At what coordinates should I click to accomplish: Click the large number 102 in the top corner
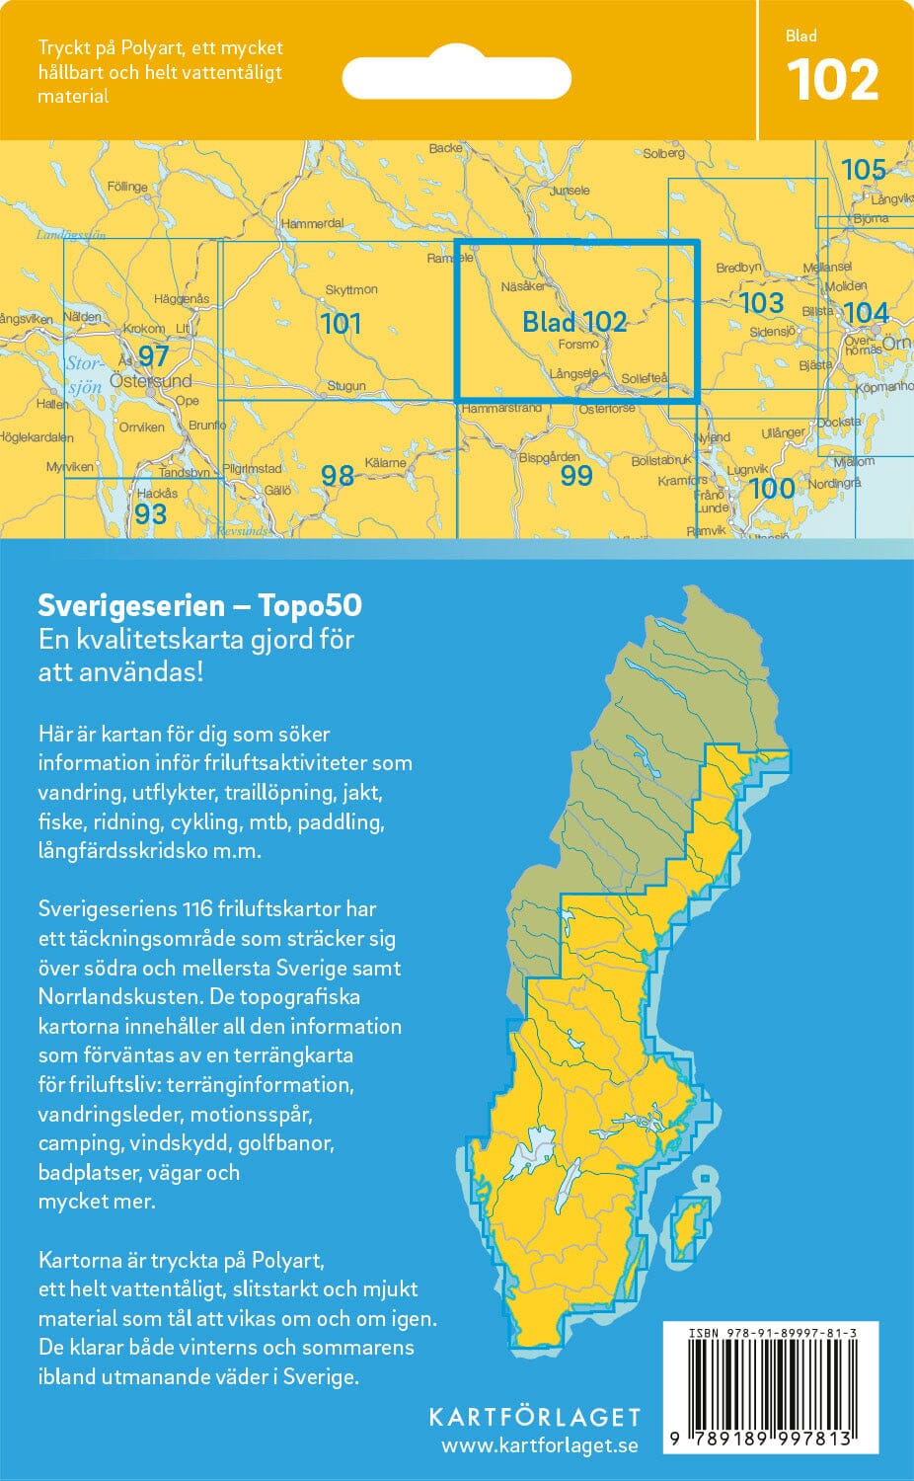(832, 81)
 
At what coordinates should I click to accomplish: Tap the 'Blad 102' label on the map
(574, 322)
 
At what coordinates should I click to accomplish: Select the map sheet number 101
(341, 323)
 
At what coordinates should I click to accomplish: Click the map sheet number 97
(153, 355)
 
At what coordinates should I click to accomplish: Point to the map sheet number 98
(337, 476)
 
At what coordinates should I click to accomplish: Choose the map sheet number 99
(575, 476)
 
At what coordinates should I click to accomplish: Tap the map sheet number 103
(761, 302)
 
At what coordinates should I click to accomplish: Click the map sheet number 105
(863, 170)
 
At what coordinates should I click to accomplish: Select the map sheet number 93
(150, 513)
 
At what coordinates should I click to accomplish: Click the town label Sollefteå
(645, 378)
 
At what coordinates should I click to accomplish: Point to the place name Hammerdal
(313, 224)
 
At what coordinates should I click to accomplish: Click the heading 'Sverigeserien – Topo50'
(199, 605)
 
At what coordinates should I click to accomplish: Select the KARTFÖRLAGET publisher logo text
(534, 1417)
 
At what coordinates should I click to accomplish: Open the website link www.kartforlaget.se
(539, 1445)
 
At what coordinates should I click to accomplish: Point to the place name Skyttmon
(351, 289)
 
